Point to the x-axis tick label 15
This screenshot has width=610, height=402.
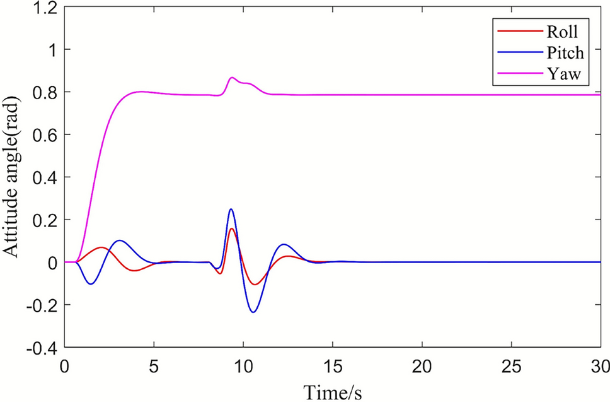point(332,365)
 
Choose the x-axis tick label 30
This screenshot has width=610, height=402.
point(600,365)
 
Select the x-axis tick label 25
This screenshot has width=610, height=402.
point(511,365)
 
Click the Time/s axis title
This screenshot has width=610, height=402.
point(333,391)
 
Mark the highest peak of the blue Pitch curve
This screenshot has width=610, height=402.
point(231,209)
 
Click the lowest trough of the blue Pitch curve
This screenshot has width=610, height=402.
point(253,312)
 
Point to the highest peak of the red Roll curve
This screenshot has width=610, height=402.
point(232,228)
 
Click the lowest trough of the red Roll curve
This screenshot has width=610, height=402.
point(255,285)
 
